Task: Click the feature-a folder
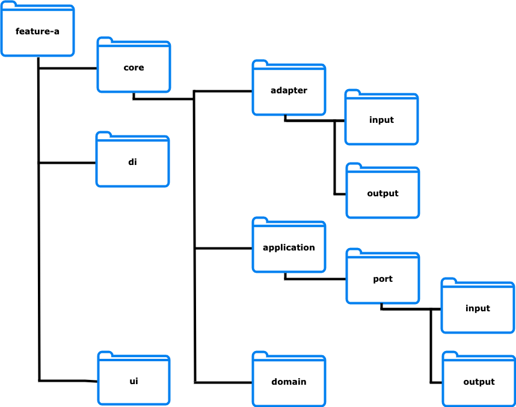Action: [37, 31]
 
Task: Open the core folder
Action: [134, 67]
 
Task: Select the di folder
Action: [132, 161]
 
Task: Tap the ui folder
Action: [134, 381]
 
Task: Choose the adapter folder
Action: [289, 90]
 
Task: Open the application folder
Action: [289, 247]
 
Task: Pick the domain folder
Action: [289, 382]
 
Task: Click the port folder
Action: [382, 279]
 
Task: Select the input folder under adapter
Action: [381, 120]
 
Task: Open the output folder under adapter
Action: [382, 193]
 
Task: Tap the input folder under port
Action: [478, 308]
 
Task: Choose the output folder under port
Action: [479, 382]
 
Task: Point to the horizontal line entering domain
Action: [223, 382]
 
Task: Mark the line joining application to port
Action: [316, 279]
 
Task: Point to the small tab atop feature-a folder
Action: [9, 4]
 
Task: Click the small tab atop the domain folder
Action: [260, 355]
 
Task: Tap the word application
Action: [289, 247]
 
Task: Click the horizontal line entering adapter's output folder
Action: [340, 194]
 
